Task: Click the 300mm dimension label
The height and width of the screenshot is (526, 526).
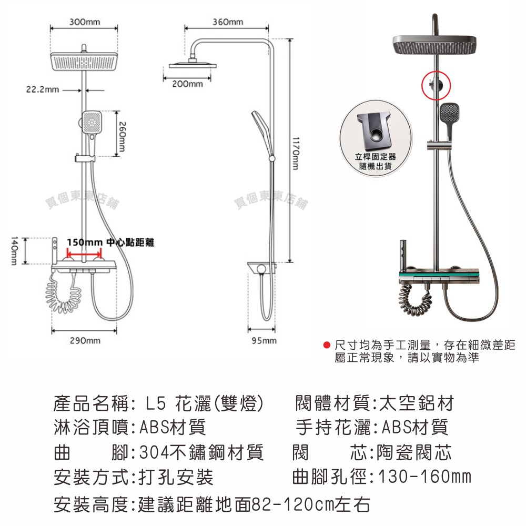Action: pos(85,22)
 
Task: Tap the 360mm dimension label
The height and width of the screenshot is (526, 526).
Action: pos(228,22)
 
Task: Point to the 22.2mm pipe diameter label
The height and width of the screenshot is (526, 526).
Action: pos(43,89)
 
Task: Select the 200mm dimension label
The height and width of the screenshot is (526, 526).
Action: pos(188,84)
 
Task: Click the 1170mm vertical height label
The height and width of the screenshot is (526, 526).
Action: pos(295,153)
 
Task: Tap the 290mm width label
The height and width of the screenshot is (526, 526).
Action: pos(85,341)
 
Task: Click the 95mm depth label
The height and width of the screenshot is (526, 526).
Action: pos(265,341)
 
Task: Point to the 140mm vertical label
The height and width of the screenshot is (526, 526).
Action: pos(14,250)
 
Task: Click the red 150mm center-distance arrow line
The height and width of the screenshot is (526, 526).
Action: pos(84,252)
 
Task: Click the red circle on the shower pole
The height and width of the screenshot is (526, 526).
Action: pos(436,85)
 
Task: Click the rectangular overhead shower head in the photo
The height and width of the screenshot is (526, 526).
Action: pos(434,45)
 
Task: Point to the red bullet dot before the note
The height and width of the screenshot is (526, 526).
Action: pos(327,345)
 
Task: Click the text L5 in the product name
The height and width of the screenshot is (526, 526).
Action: pos(156,403)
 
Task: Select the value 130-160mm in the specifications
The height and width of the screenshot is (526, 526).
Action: pos(425,477)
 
